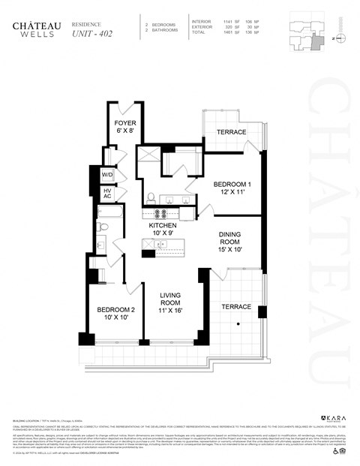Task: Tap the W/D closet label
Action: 108,174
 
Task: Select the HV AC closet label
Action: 108,194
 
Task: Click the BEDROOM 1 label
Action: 232,188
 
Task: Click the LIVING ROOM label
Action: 172,302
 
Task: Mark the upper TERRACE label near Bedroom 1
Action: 232,132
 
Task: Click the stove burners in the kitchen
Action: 159,212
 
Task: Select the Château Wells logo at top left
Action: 31,29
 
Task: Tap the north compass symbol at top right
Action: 339,37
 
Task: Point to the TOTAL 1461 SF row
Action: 225,32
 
